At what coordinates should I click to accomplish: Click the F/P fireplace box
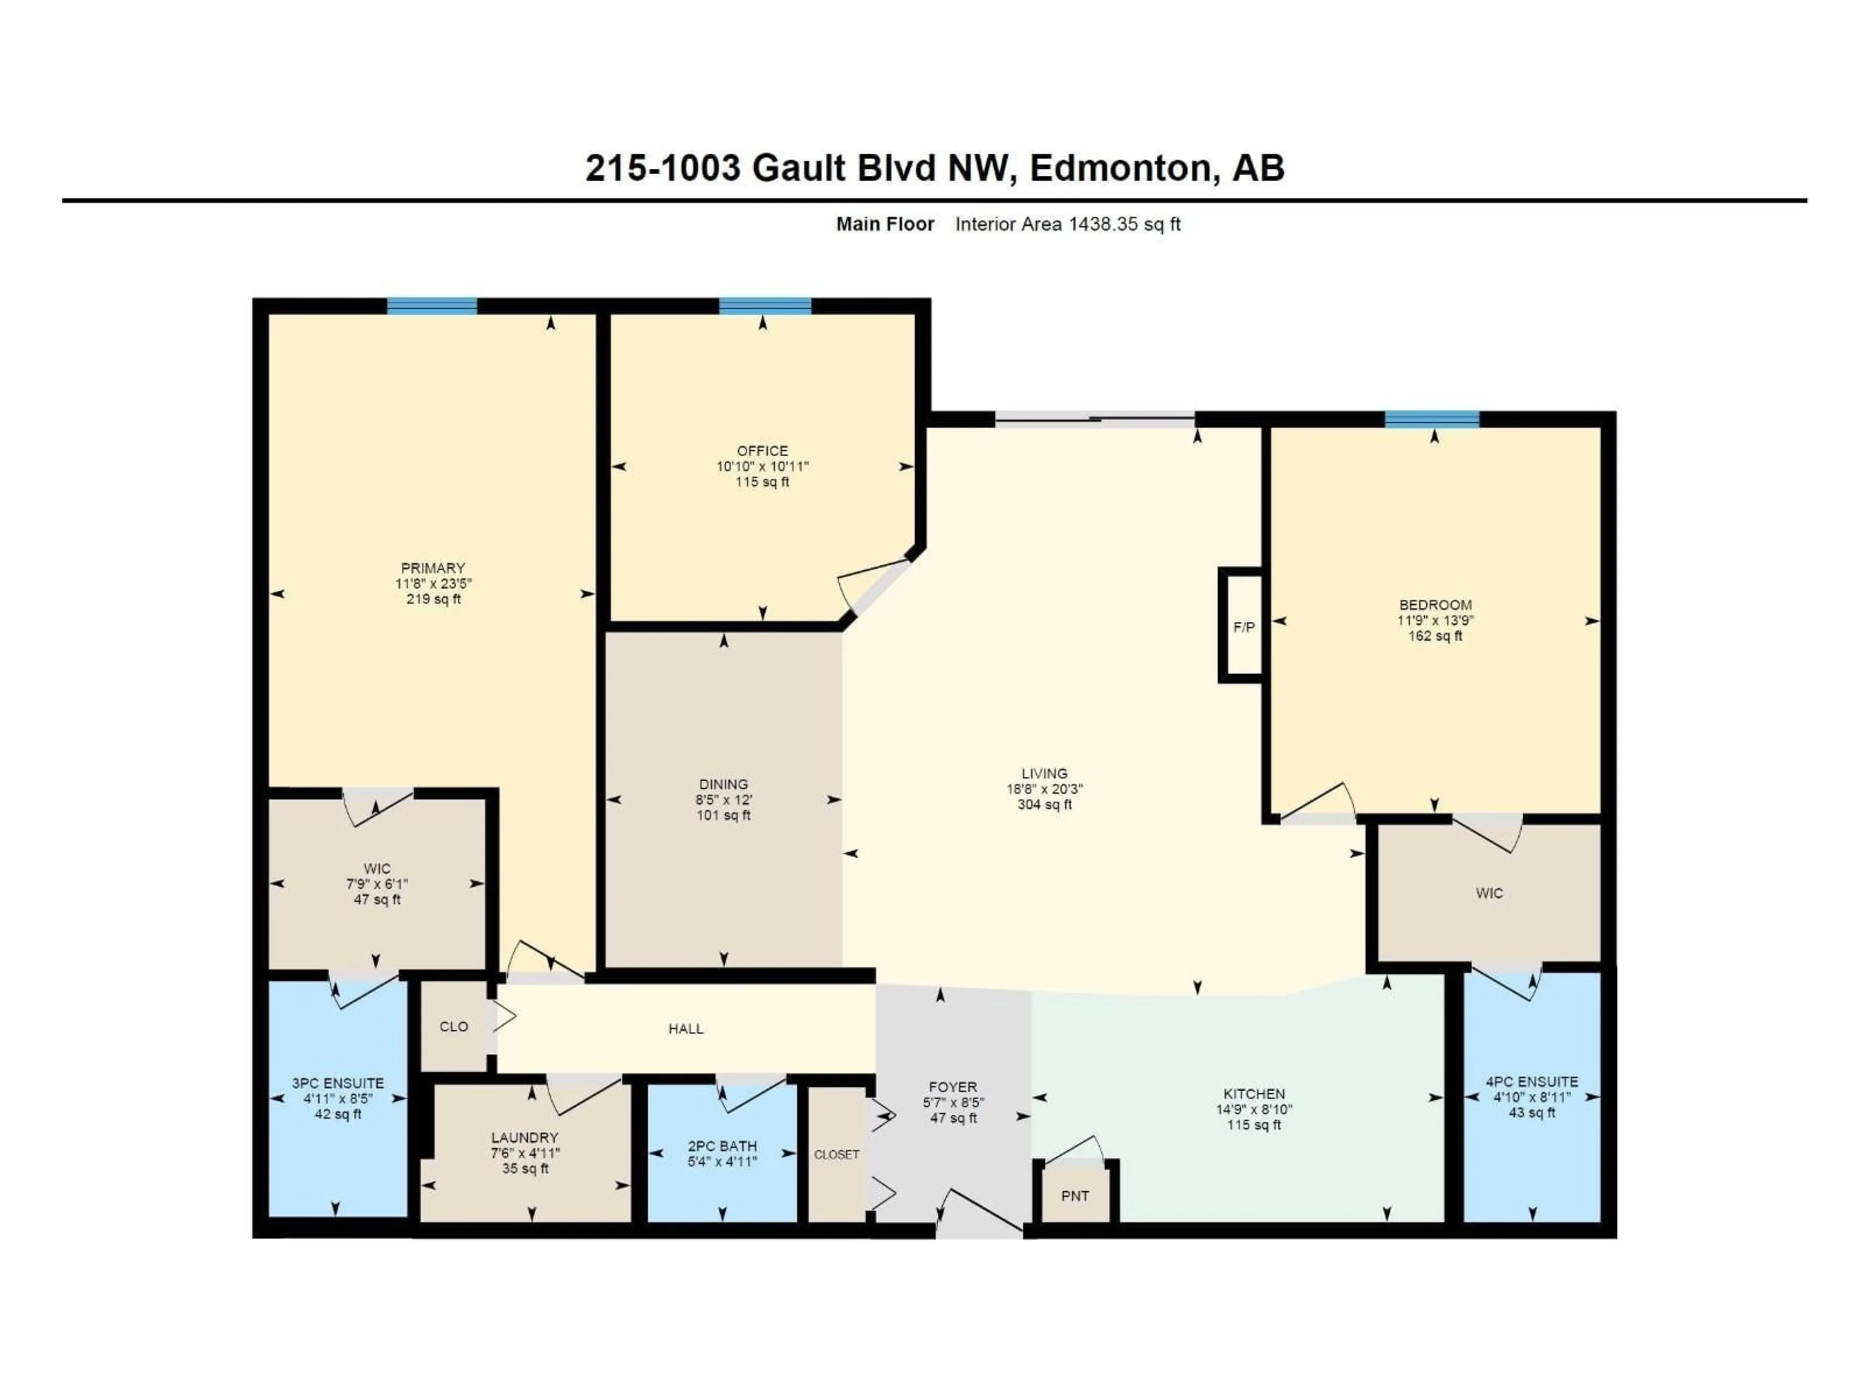(x=1243, y=627)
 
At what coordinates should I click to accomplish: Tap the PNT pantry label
(x=1075, y=1196)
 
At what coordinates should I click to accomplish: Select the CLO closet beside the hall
(x=453, y=1026)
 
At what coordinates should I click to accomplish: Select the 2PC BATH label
(x=722, y=1146)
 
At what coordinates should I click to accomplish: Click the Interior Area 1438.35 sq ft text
(x=1067, y=224)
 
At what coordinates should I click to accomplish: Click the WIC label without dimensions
(x=1489, y=893)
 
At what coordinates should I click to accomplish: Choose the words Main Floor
(x=885, y=224)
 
